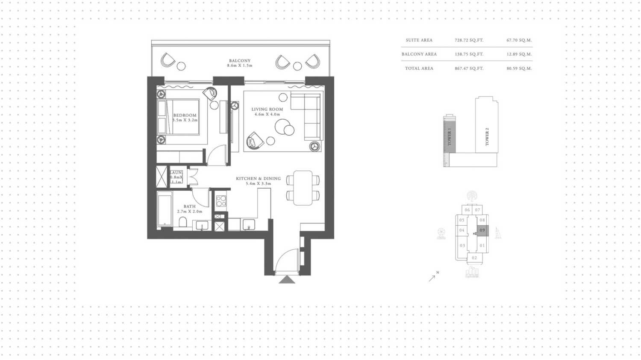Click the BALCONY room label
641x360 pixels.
tap(239, 61)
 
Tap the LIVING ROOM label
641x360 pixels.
tap(267, 109)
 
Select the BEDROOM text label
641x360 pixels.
tap(185, 115)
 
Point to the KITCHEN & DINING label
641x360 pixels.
tap(258, 179)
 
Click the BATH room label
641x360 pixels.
tap(189, 207)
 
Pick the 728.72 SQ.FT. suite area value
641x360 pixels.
tap(469, 40)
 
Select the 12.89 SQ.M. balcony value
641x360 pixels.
tap(519, 54)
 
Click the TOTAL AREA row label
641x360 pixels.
tap(419, 68)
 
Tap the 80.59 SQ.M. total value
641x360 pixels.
tap(519, 68)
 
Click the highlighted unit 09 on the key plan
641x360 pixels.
tap(482, 230)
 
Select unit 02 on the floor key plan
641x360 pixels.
tap(474, 258)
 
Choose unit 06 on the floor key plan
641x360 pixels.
tap(467, 210)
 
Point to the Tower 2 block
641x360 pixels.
tap(487, 128)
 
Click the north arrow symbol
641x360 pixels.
tap(432, 277)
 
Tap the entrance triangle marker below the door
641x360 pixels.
tap(287, 280)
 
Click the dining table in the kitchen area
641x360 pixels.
tap(303, 188)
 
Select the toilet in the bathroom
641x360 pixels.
tap(183, 222)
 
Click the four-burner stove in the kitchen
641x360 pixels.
tap(221, 201)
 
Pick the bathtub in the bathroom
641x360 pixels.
tap(165, 209)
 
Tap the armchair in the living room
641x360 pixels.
tap(255, 140)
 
